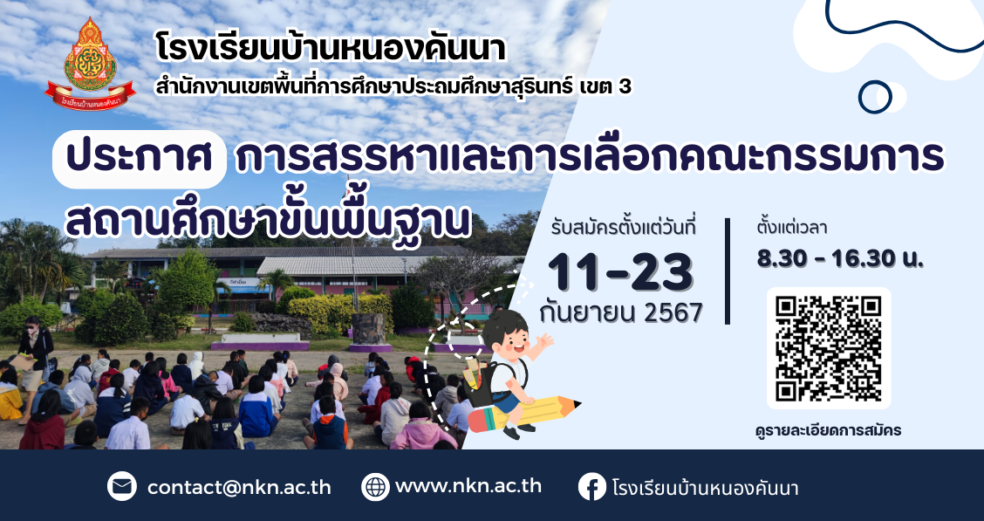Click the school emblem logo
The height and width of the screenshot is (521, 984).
[90, 64]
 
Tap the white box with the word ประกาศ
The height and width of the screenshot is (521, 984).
[140, 160]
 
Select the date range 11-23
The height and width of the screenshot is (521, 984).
[620, 272]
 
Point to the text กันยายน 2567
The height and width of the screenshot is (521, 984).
[620, 312]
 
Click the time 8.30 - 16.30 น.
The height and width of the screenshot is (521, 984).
[840, 258]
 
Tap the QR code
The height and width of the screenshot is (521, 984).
[829, 348]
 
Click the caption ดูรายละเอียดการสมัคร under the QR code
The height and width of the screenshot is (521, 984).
[829, 430]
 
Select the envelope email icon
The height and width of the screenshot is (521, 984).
[122, 486]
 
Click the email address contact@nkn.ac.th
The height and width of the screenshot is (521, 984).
[239, 488]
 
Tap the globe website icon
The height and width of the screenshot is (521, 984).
[376, 486]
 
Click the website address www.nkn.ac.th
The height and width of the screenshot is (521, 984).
[468, 486]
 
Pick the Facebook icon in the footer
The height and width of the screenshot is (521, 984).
[592, 486]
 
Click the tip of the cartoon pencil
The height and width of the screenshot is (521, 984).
[580, 403]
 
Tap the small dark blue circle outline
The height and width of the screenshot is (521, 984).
[875, 97]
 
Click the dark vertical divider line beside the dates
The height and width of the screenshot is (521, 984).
[728, 271]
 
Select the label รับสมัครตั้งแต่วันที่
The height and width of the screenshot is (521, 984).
[624, 227]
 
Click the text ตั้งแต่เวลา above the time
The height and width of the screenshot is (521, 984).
[792, 227]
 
